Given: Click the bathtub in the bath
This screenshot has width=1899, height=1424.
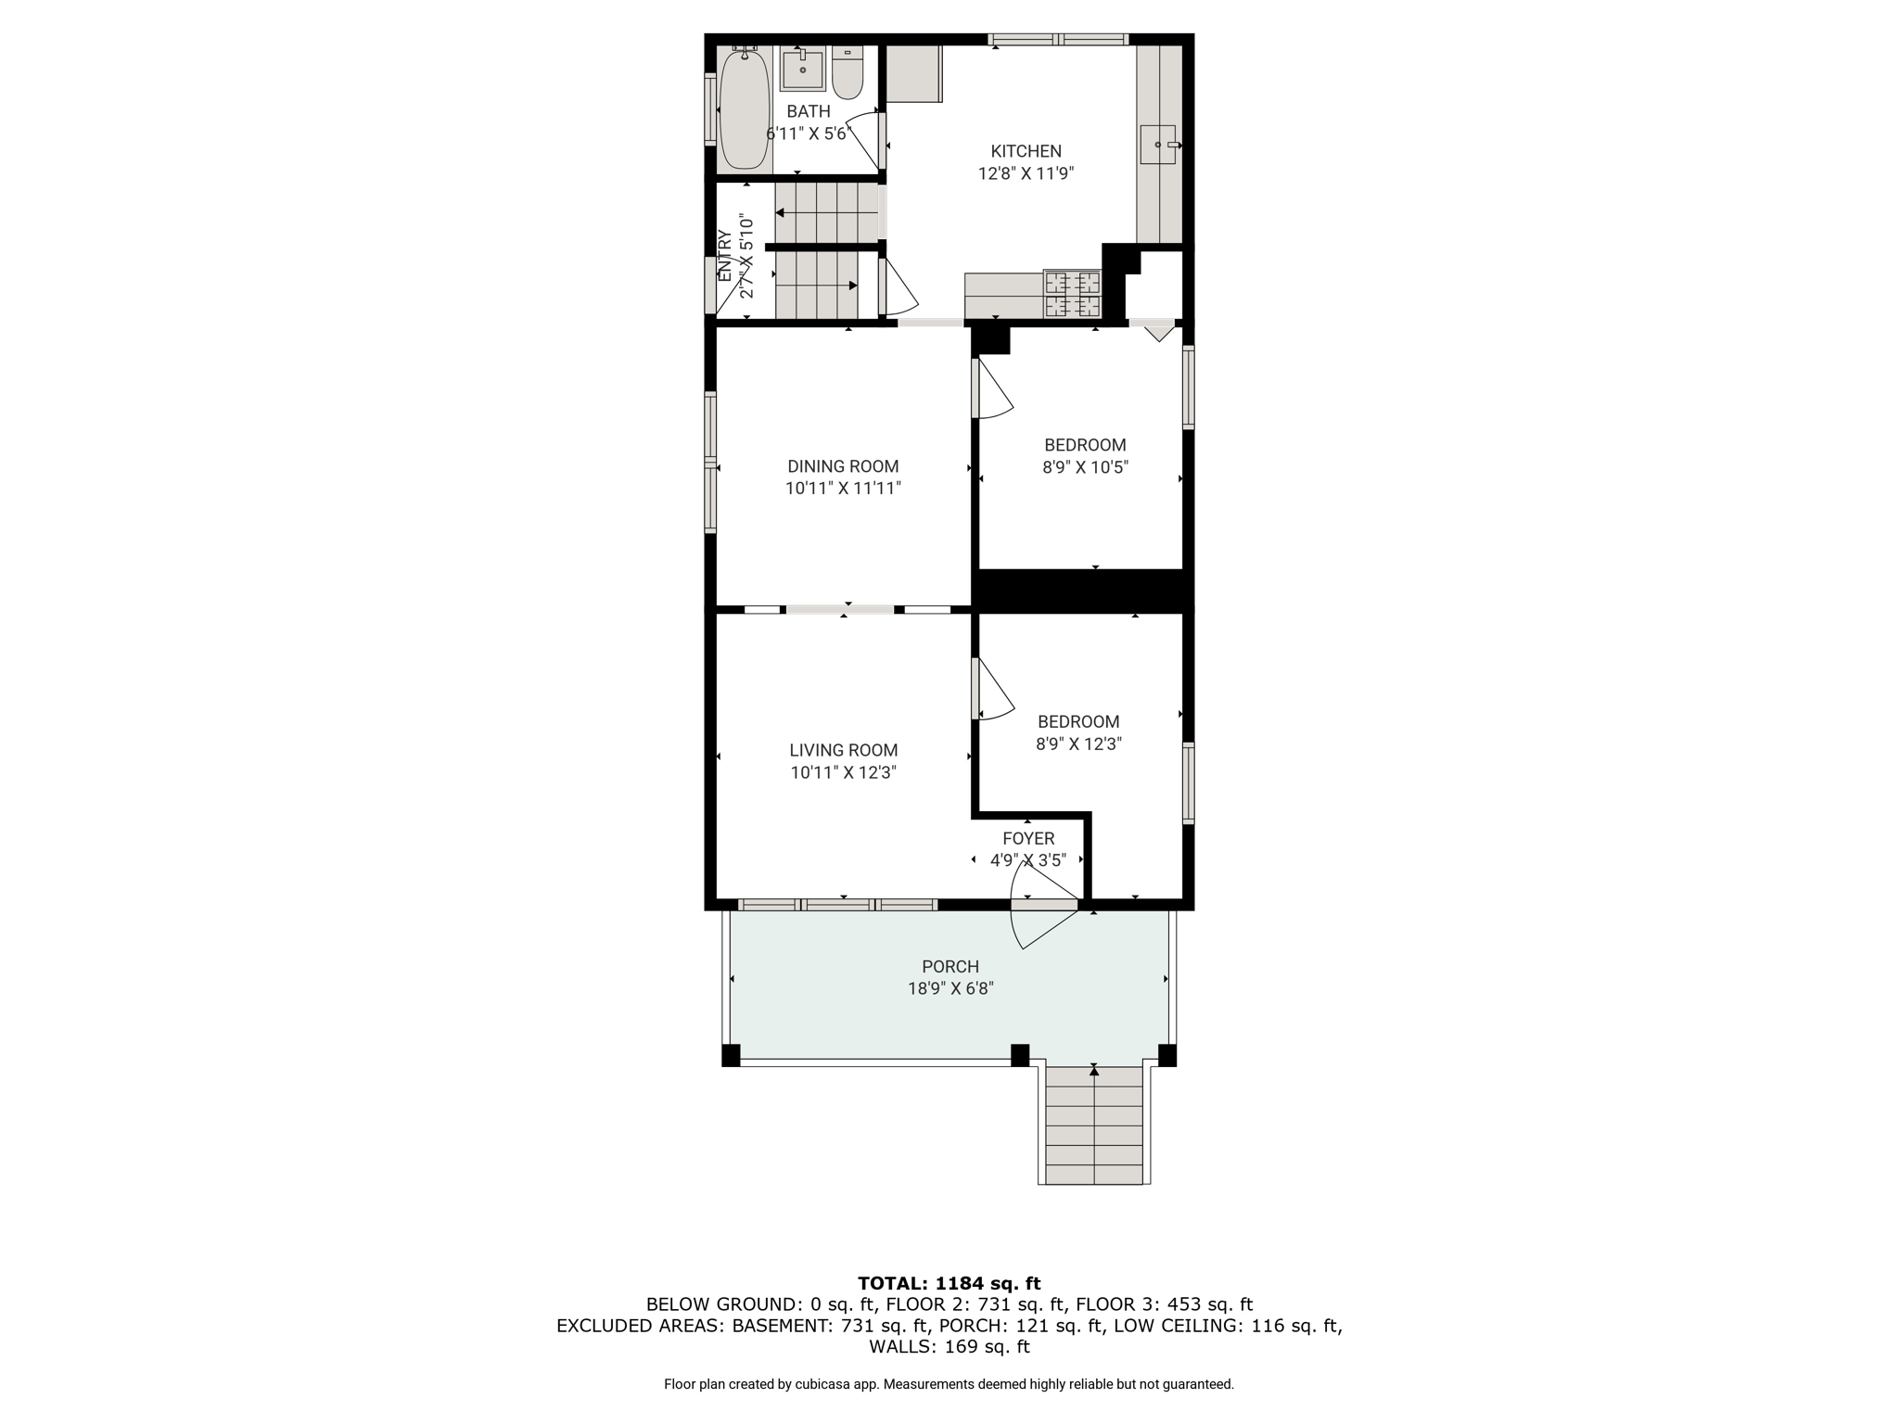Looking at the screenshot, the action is pos(744,109).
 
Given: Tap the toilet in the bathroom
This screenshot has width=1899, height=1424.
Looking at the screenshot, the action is pos(848,72).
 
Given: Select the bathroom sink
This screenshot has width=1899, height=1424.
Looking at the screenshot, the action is pos(802,69).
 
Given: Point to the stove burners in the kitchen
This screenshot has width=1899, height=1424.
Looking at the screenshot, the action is pos(1073,293).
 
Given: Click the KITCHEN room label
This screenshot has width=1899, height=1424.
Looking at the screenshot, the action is pos(1026,151).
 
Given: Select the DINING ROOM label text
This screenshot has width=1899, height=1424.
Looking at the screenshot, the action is pos(843,466).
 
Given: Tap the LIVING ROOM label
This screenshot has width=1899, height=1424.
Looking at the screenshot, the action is pos(844,750).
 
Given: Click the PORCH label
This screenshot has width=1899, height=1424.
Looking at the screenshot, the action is pos(950,966).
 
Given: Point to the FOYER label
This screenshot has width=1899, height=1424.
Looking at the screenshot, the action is pos(1028,838).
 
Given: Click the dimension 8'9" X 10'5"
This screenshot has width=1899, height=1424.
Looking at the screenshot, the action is pos(1085,467).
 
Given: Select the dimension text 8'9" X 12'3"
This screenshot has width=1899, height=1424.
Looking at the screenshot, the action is pos(1079,744).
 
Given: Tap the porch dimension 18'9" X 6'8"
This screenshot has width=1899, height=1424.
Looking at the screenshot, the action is pos(950,988).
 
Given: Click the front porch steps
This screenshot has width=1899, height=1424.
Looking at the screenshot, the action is pos(1094,1125).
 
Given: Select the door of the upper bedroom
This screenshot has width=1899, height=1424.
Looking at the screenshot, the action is pos(992,388).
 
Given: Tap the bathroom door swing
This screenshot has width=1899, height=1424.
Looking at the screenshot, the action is pos(864,139).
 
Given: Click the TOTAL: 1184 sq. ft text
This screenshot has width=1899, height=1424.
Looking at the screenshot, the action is pos(949,1283).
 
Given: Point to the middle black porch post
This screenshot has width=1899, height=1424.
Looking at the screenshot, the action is pos(1020,1055).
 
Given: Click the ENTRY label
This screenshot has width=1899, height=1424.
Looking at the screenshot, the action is pos(724,256).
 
